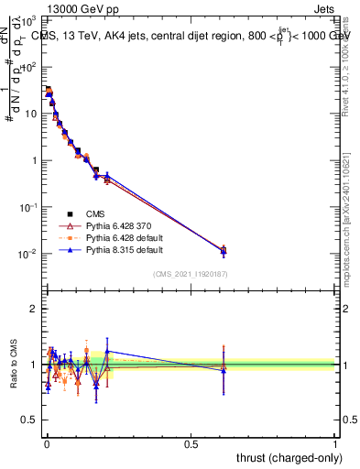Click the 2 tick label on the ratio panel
point(35,309)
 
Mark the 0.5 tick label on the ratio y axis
point(29,420)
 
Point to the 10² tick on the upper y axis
point(31,67)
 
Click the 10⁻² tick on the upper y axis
point(29,254)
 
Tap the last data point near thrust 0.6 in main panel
point(224,249)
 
